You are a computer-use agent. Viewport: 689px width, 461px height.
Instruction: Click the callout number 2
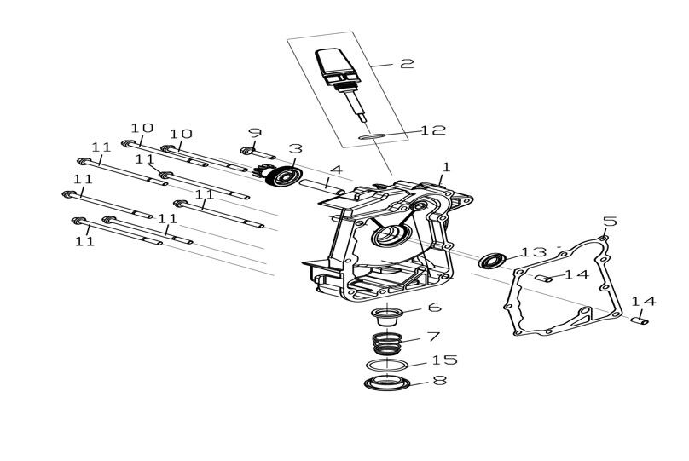[407, 64]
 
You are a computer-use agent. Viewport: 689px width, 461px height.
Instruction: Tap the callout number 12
[433, 130]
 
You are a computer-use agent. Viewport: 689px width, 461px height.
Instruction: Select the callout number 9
[255, 133]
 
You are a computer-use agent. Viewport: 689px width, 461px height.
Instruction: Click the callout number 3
[295, 148]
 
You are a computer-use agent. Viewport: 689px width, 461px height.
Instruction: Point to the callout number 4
[336, 170]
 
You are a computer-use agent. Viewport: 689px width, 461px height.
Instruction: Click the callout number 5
[610, 222]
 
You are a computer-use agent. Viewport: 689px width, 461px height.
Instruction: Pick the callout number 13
[534, 252]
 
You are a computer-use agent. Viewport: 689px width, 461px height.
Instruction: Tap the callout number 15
[444, 360]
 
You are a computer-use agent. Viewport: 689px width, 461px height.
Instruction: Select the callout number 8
[440, 380]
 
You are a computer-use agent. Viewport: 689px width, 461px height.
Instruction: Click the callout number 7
[433, 337]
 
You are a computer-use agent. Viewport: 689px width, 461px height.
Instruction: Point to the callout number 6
[435, 308]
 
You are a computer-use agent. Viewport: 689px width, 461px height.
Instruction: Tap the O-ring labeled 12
[372, 136]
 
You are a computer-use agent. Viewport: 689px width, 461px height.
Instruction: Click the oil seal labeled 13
[492, 261]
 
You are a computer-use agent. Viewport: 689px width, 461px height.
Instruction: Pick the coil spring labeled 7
[387, 343]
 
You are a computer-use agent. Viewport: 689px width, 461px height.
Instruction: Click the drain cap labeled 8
[387, 383]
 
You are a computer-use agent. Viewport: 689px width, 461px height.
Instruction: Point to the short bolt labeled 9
[258, 153]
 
